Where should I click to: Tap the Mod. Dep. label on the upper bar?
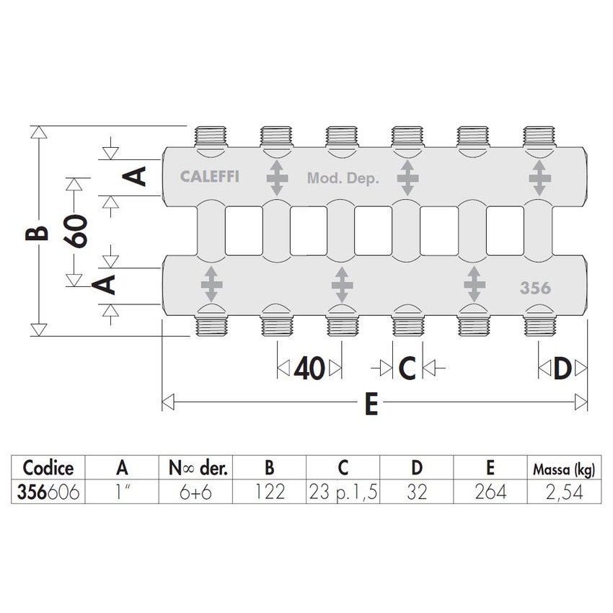point(343,177)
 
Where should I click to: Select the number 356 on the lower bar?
point(535,288)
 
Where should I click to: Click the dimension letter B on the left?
point(40,233)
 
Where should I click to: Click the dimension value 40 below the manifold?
point(309,369)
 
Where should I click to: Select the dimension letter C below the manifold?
point(407,369)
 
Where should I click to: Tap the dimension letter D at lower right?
point(563,369)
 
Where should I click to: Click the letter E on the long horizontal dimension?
point(371,404)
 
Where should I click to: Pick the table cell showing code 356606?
point(49,493)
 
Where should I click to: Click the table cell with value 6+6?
point(195,493)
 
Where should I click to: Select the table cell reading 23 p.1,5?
point(343,493)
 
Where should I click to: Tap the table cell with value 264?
point(490,493)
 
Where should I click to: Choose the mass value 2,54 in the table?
point(563,493)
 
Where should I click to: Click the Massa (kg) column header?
point(563,469)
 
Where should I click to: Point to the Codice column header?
point(49,469)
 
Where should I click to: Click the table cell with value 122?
point(269,493)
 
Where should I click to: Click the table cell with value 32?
point(417,493)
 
